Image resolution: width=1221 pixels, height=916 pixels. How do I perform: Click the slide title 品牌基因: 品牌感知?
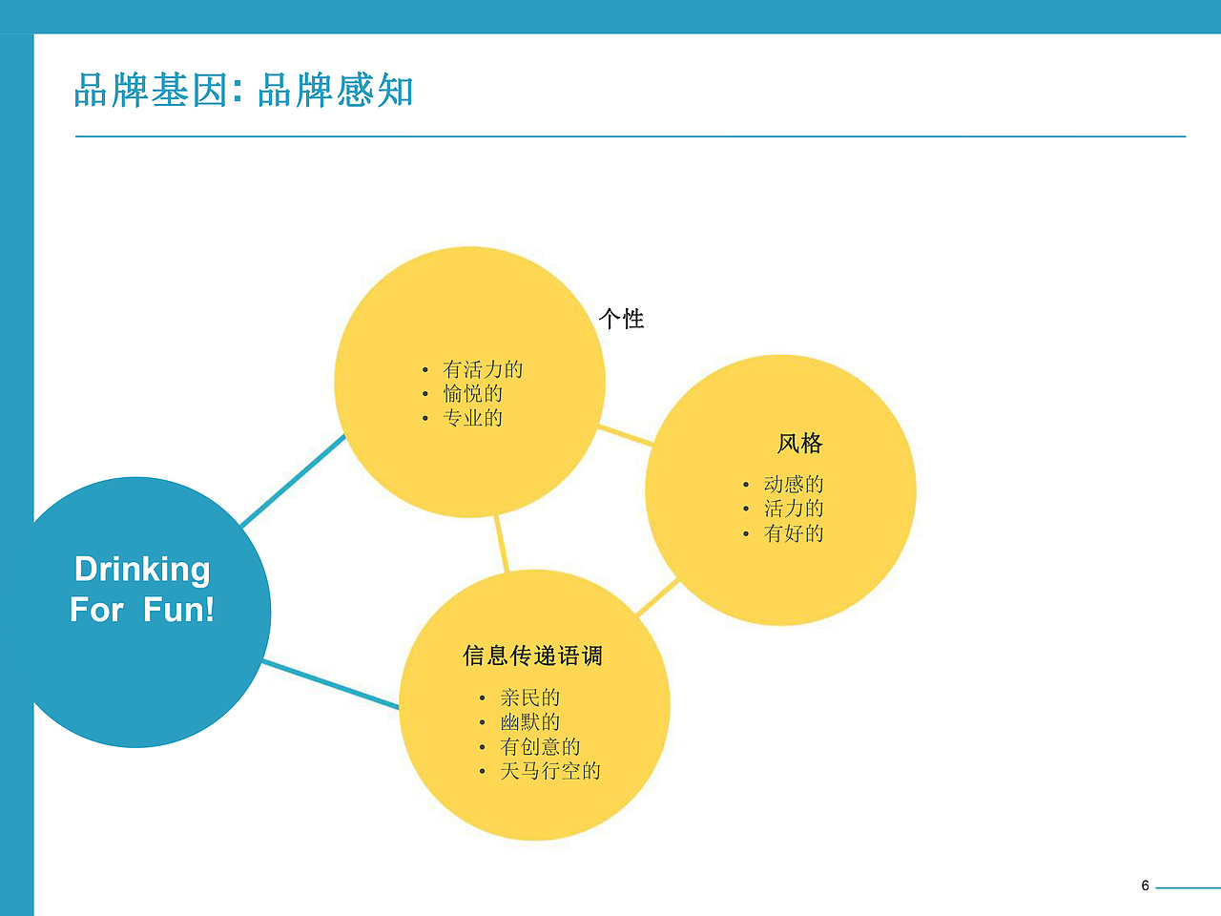tap(243, 91)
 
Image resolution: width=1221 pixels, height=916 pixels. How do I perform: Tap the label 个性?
tap(622, 319)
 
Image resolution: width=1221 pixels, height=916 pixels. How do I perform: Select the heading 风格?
tap(799, 444)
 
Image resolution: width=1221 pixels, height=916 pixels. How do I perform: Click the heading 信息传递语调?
tap(533, 656)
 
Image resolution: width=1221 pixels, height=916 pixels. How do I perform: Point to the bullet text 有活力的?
tap(483, 369)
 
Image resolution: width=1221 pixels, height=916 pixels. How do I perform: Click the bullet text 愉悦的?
tap(472, 393)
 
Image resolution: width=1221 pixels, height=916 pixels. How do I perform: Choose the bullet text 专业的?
tap(472, 418)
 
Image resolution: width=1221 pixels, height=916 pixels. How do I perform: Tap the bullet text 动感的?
tap(794, 484)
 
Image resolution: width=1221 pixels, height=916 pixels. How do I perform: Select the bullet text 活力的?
tap(794, 509)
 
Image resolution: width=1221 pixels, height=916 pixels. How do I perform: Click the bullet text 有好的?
tap(794, 533)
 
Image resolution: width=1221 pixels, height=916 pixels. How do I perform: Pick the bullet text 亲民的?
tap(530, 697)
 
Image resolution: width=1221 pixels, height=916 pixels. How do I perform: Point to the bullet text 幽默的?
tap(530, 722)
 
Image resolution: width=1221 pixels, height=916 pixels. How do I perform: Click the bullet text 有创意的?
tap(540, 746)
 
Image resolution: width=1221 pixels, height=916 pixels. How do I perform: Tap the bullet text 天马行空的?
tap(550, 771)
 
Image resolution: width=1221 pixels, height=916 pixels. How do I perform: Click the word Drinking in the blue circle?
tap(142, 570)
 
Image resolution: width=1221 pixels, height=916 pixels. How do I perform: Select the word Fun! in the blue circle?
tap(179, 610)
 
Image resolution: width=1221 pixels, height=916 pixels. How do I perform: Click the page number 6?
tap(1145, 885)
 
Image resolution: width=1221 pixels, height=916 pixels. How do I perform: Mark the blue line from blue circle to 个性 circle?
tap(293, 481)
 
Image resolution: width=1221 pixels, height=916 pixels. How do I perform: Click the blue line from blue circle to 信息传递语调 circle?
tap(330, 684)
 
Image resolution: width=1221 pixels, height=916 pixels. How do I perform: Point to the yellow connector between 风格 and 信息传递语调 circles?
tap(657, 597)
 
